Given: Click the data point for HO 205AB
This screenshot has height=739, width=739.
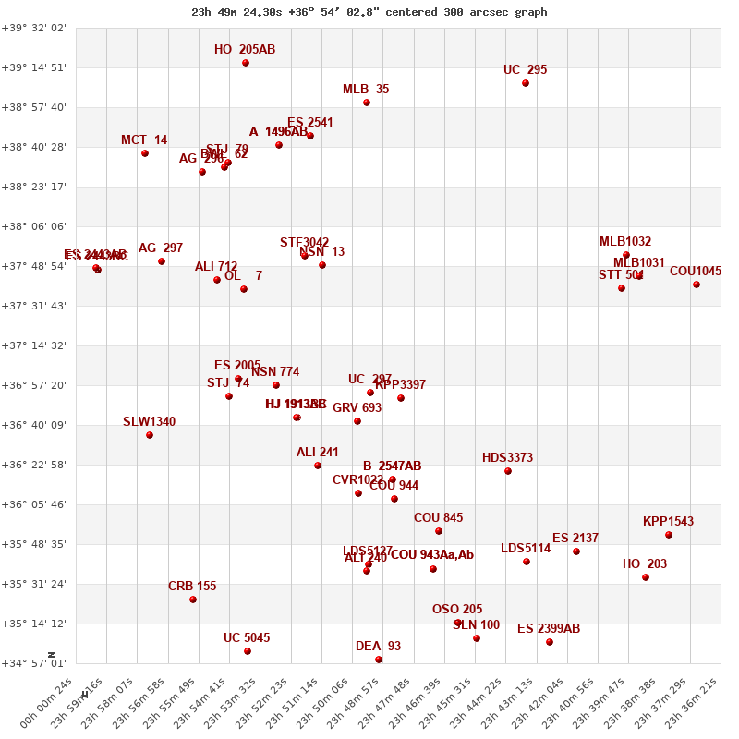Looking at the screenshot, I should [x=246, y=63].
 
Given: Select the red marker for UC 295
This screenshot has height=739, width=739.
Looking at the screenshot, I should [x=526, y=83].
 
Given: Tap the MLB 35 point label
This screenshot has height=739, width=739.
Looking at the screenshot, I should [x=366, y=90].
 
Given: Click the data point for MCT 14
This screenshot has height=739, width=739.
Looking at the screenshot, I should [x=145, y=153].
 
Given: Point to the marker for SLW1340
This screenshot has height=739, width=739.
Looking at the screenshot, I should [x=150, y=435].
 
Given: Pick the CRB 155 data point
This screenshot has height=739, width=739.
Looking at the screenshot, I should [x=193, y=600].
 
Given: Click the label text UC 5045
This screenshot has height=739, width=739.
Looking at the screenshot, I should [x=247, y=638].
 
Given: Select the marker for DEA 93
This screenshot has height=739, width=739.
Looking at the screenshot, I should [x=379, y=660].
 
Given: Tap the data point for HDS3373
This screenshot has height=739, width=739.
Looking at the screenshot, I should [x=508, y=471].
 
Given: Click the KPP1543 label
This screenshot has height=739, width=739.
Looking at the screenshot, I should [x=668, y=522].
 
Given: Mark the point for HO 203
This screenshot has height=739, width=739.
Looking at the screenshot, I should [x=646, y=577].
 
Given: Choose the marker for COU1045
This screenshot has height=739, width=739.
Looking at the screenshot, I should [x=697, y=285].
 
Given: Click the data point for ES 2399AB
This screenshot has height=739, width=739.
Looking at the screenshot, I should [x=550, y=642].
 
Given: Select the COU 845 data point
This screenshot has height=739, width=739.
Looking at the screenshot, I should [x=439, y=531].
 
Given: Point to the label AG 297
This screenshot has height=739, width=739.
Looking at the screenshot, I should [x=161, y=248].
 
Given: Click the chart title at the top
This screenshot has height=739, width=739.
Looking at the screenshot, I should [x=369, y=12].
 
